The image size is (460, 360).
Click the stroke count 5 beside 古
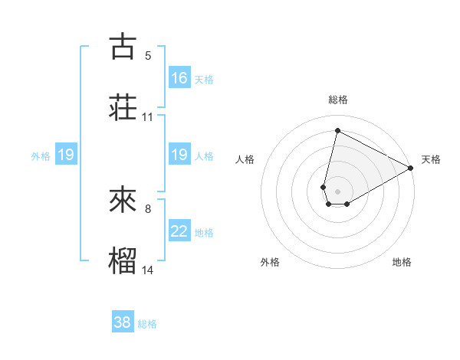coord(148,56)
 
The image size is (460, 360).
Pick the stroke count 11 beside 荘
coord(148,117)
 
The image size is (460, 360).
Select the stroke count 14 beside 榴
coord(148,270)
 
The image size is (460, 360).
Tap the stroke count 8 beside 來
coord(148,209)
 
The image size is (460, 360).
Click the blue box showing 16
coord(179,77)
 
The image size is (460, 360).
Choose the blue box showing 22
coord(179,231)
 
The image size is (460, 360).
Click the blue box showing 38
coord(123,322)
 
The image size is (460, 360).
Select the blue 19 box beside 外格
coord(65,155)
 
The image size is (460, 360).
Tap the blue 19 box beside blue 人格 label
coord(179,155)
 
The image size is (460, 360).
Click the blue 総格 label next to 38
coord(147,324)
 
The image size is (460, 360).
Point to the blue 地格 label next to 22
coord(204,233)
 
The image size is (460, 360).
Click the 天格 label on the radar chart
coord(431,159)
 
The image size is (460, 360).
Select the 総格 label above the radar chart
coord(338,100)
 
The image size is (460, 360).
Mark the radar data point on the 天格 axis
coord(411,168)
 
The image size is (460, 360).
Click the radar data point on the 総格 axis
coord(337,130)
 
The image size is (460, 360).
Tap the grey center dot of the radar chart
coord(338,191)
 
